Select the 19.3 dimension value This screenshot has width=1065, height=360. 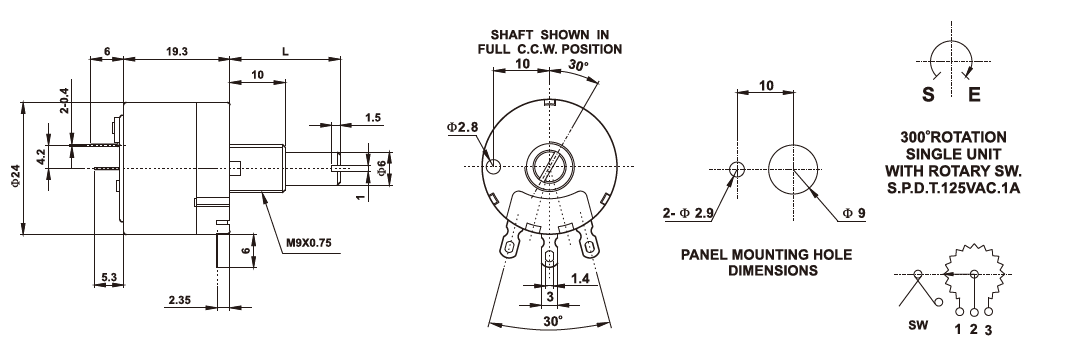tap(176, 51)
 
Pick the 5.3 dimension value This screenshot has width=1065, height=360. tap(109, 276)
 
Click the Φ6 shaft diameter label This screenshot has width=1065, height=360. tap(381, 168)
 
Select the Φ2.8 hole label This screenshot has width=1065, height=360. tap(462, 127)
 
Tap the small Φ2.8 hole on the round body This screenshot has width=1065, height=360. tap(494, 165)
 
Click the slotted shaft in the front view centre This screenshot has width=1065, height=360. tap(549, 165)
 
